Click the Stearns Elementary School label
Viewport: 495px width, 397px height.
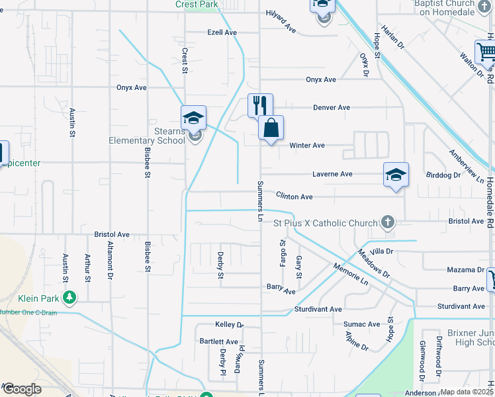[x=147, y=136]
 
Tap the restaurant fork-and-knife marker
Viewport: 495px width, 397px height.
[x=260, y=105]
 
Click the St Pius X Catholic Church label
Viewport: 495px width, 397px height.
[x=325, y=223]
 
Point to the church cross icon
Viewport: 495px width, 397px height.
[x=388, y=223]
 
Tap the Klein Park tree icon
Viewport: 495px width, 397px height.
[x=67, y=296]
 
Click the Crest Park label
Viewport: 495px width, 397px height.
[x=197, y=4]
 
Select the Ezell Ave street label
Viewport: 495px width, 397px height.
[x=222, y=32]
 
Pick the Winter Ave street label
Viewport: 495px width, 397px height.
[x=307, y=145]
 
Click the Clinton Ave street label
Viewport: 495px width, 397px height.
[x=294, y=197]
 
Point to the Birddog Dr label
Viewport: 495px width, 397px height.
[x=444, y=175]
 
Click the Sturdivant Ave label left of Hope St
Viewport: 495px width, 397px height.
[x=318, y=309]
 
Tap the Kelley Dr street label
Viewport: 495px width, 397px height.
[x=230, y=325]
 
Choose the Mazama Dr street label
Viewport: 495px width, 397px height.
[x=465, y=270]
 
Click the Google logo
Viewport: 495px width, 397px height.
[x=21, y=389]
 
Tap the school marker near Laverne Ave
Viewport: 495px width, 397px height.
[x=396, y=175]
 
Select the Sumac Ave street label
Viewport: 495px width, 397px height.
[x=361, y=324]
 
